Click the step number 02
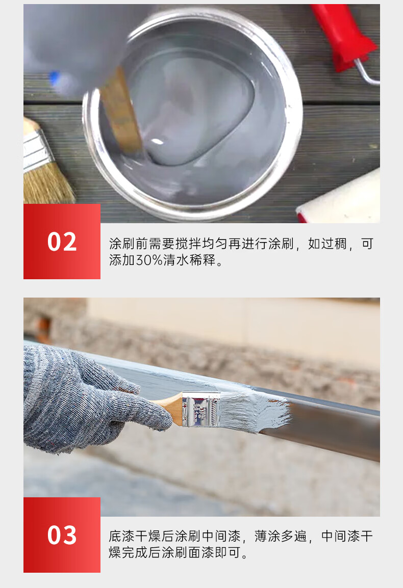(x=62, y=242)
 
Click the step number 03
(x=62, y=535)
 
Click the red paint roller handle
(x=342, y=36)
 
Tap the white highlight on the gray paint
(x=157, y=141)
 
